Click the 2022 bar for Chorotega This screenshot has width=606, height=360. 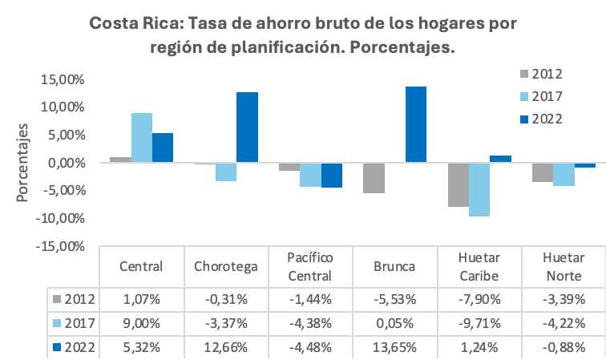point(247,127)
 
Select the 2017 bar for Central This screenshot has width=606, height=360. point(142,138)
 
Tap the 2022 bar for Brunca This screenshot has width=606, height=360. point(415,125)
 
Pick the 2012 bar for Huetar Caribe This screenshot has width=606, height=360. point(458,185)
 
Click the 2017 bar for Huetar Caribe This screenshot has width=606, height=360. point(479,190)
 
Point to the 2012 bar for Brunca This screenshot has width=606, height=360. point(374,178)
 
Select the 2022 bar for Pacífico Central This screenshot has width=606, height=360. point(331,176)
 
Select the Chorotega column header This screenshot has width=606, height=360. point(225,266)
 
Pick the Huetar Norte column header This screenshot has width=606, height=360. point(563,266)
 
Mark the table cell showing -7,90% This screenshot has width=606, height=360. point(479,300)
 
